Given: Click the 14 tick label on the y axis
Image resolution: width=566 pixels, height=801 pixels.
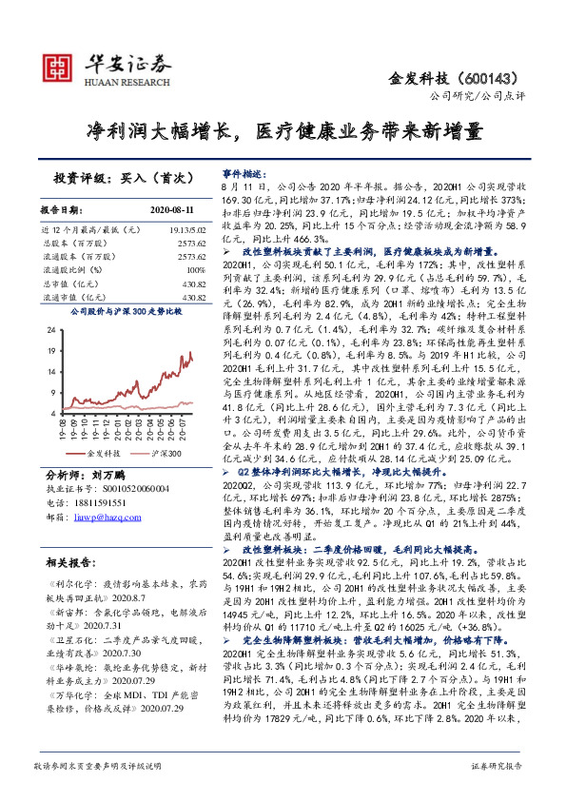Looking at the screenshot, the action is tap(59, 371).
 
